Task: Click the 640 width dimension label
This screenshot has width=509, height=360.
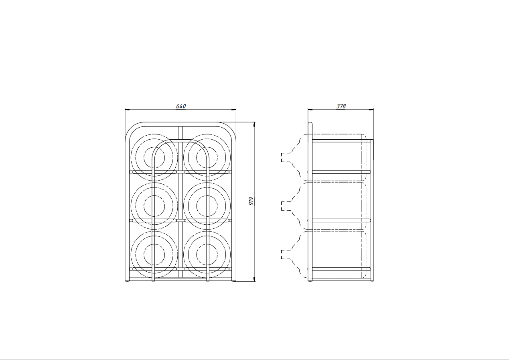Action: (181, 106)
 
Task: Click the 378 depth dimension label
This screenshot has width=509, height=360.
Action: (341, 106)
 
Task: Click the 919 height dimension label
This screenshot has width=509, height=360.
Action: (251, 201)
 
